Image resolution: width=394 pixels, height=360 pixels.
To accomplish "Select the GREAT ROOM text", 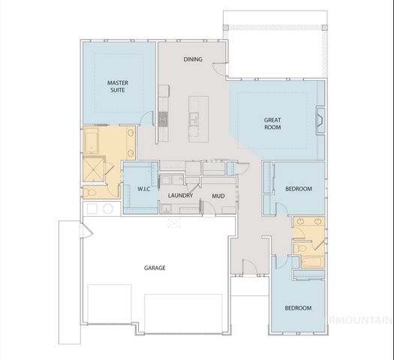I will tap(272, 124).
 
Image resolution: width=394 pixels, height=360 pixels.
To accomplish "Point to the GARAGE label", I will tap(155, 268).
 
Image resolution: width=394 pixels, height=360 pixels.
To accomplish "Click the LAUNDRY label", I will tap(181, 196).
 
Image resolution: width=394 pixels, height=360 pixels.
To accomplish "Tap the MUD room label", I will tap(218, 196).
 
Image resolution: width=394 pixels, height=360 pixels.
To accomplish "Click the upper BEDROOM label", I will tap(299, 189).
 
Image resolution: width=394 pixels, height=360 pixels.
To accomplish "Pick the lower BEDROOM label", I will tap(298, 308).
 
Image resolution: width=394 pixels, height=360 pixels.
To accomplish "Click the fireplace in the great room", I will tap(320, 120).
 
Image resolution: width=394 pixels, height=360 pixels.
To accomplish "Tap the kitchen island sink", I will tap(194, 118).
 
